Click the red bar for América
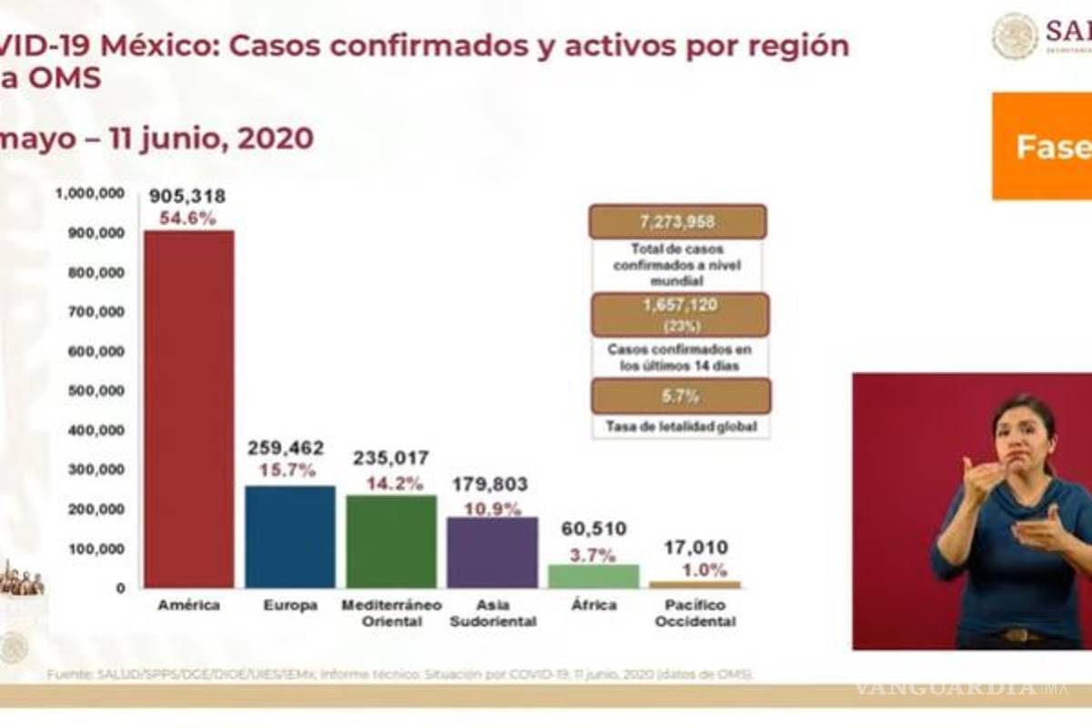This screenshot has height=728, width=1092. point(189,409)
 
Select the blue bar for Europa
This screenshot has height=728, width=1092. point(290,537)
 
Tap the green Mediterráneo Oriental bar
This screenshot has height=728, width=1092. point(391,541)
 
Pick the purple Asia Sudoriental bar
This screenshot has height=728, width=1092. point(491,552)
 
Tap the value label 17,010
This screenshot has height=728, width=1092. point(694,549)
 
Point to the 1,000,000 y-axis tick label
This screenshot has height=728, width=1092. point(90,193)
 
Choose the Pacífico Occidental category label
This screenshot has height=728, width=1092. point(694,613)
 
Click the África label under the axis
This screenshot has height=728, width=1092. point(593,605)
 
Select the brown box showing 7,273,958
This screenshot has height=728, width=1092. point(678,222)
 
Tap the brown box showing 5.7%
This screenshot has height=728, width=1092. point(681,396)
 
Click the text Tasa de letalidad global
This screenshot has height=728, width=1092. point(680,425)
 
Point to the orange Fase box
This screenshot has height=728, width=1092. point(1042,146)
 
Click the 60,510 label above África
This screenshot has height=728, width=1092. point(593,529)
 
